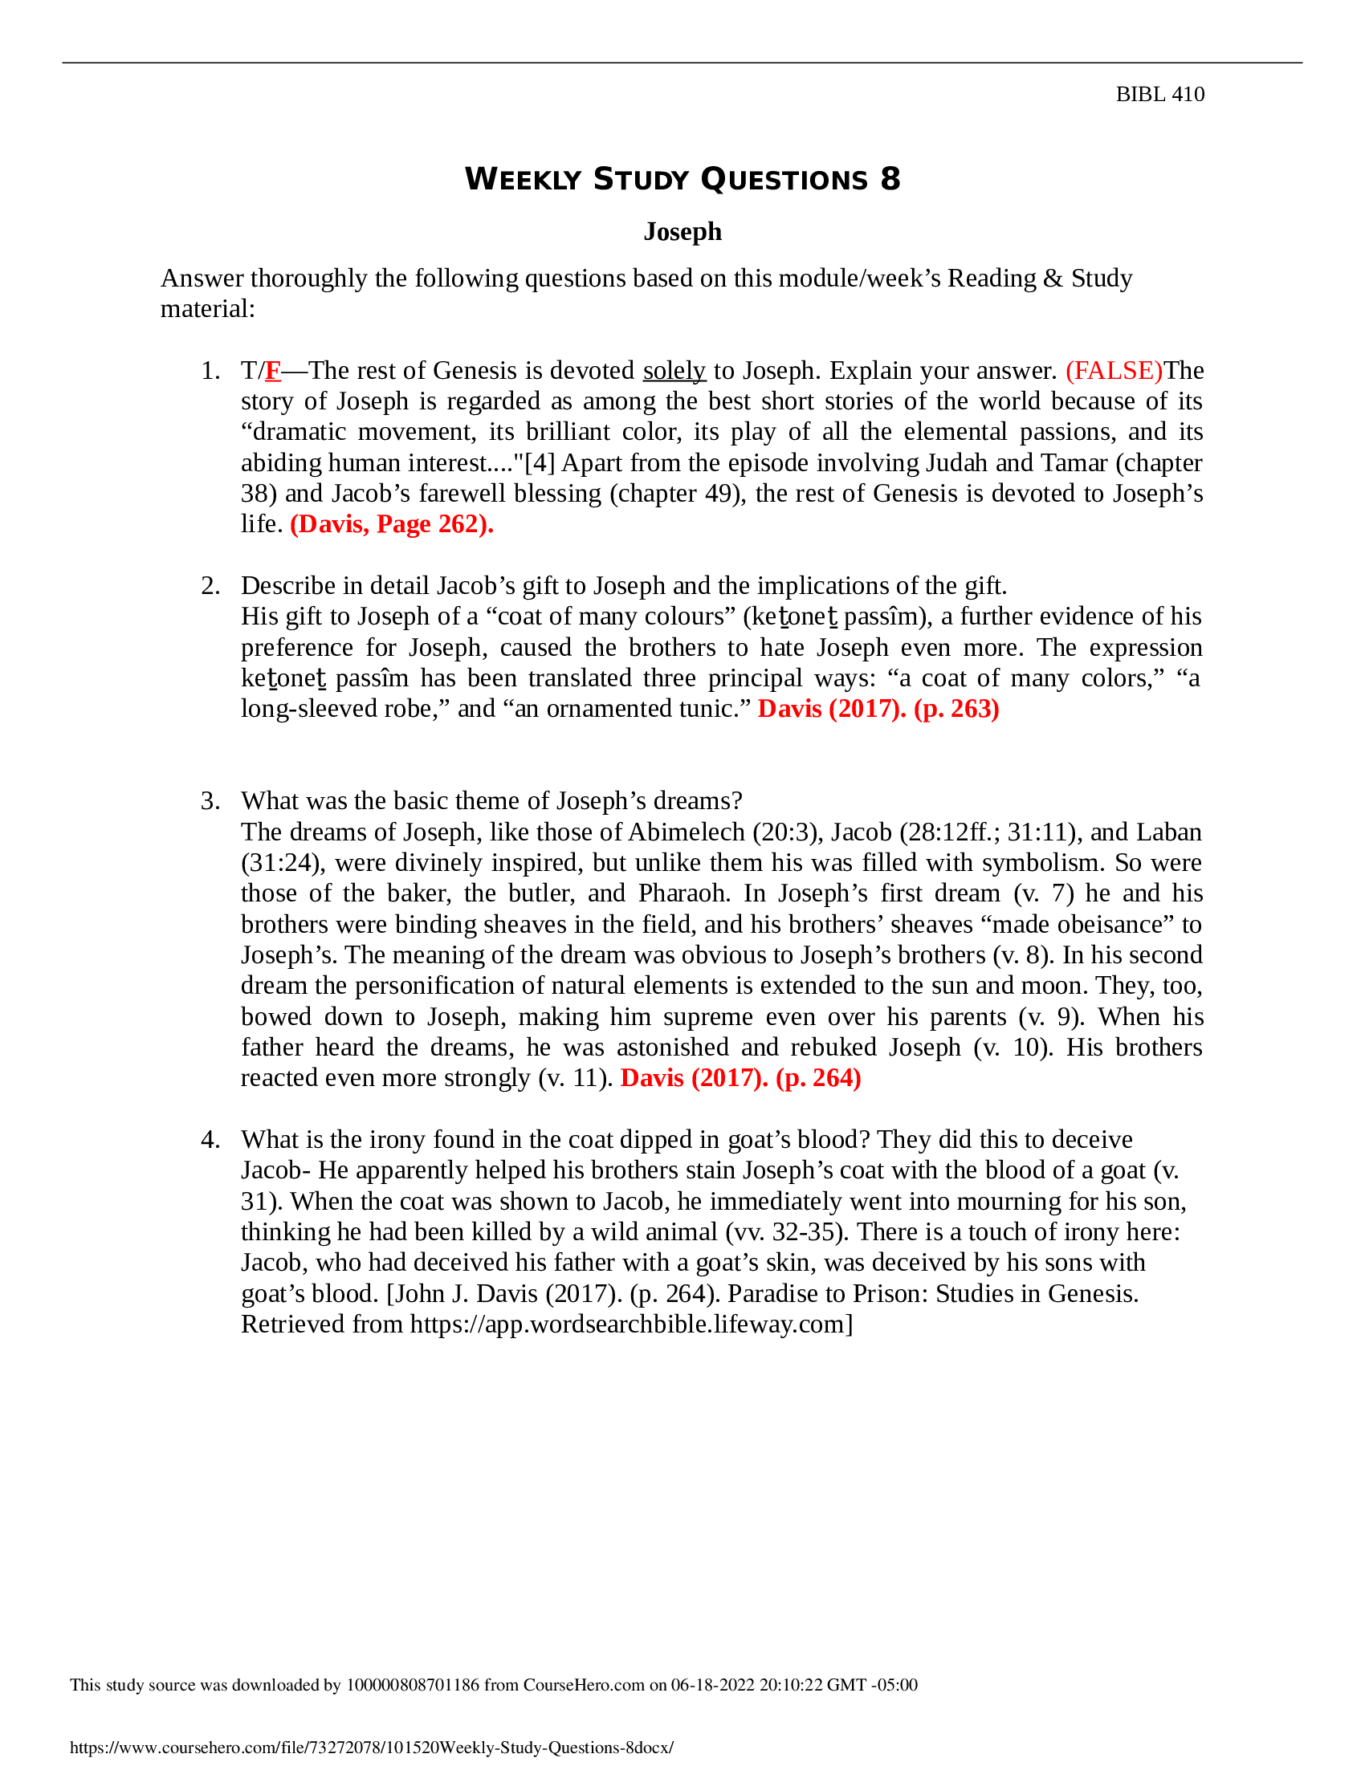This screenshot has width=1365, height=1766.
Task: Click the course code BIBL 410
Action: coord(1159,95)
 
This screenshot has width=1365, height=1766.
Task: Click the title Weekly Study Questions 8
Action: coord(682,179)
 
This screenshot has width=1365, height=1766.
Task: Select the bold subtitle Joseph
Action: coord(682,231)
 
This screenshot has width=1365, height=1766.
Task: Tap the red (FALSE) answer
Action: coord(1114,370)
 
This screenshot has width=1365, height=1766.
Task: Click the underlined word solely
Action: coord(674,370)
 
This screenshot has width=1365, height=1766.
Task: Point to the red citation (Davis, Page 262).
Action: coord(391,524)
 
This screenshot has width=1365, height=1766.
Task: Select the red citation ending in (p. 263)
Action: coord(878,708)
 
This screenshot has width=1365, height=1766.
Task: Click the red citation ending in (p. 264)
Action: coord(740,1078)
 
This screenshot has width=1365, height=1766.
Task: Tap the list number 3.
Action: coord(210,800)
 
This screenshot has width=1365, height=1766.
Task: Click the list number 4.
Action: coord(210,1139)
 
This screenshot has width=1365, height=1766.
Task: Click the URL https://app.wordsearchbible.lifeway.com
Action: coord(628,1324)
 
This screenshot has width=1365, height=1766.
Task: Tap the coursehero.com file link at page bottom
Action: coord(371,1748)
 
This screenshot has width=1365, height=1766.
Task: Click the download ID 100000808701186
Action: coord(413,1685)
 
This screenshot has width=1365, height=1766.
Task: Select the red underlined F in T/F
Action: coord(272,370)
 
